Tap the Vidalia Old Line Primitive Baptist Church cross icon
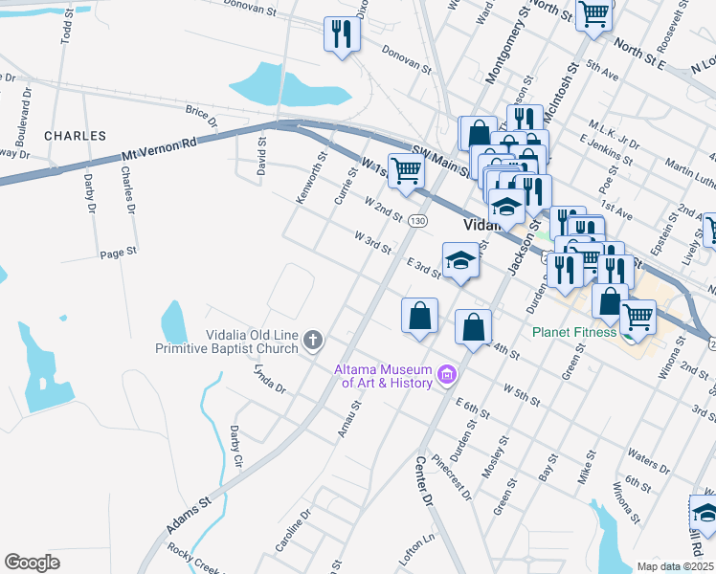pyautogui.click(x=312, y=341)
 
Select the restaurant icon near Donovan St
pyautogui.click(x=342, y=34)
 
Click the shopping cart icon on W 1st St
pyautogui.click(x=406, y=170)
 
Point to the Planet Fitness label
pyautogui.click(x=574, y=333)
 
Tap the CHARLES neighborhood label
pyautogui.click(x=75, y=136)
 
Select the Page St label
pyautogui.click(x=119, y=254)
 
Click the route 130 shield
pyautogui.click(x=416, y=221)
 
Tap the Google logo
pyautogui.click(x=33, y=562)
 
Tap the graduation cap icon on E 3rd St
pyautogui.click(x=460, y=260)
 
